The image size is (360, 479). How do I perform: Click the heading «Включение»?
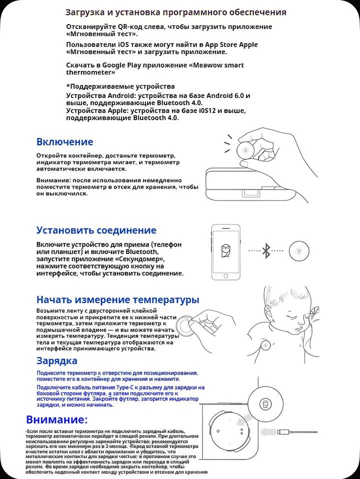(64, 142)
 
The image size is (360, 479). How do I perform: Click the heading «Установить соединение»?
(96, 230)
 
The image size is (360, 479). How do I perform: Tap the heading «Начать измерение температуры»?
(117, 300)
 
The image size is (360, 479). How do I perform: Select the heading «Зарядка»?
(56, 361)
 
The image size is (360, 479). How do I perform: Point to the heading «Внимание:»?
(56, 419)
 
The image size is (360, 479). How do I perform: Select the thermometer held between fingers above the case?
(245, 149)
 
